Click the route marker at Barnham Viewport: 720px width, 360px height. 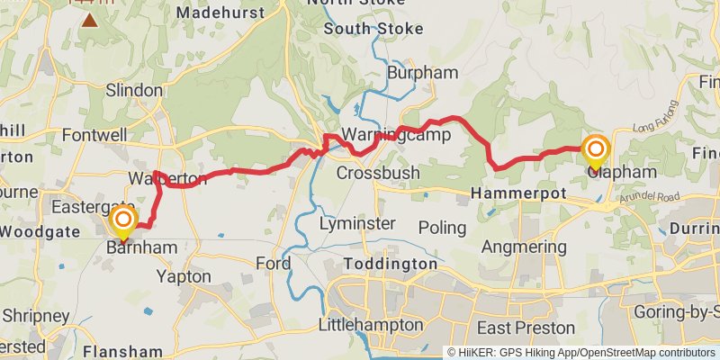point(123,220)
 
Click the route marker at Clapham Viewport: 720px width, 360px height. point(596,149)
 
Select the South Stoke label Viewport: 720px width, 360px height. point(373,29)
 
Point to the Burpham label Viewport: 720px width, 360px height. point(422,72)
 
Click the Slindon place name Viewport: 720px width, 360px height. point(134,91)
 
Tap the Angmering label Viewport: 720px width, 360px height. point(519,247)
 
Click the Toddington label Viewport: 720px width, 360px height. point(390,265)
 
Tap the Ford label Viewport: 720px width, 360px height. point(273,264)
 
